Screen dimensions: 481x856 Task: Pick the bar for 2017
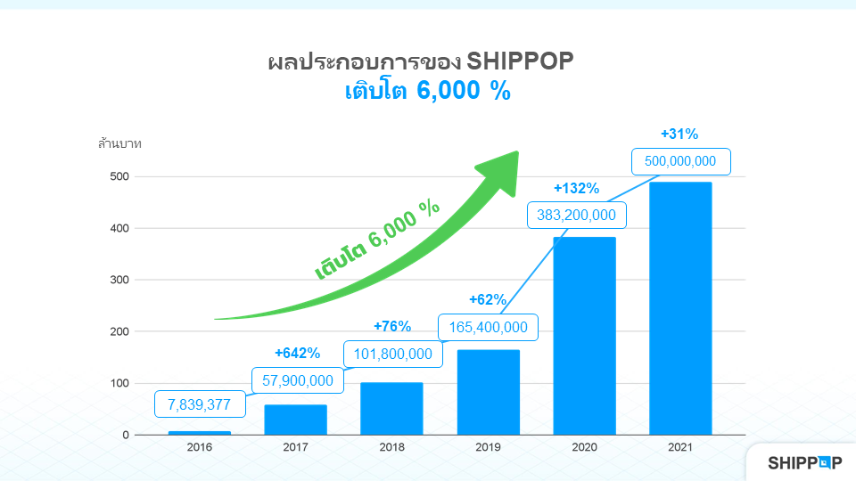point(295,420)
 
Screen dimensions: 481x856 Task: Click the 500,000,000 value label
point(680,161)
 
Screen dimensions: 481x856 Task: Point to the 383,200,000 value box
point(576,215)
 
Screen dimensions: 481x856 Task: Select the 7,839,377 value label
point(199,404)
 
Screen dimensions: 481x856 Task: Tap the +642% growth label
point(297,353)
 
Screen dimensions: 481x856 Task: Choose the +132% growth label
point(576,189)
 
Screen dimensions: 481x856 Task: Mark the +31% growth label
point(679,134)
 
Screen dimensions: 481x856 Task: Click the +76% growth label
point(391,326)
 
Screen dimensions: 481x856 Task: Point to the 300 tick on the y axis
point(119,280)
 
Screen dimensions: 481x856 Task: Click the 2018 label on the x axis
point(391,448)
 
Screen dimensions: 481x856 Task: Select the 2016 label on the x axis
point(199,448)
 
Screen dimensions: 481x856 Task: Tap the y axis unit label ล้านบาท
point(119,143)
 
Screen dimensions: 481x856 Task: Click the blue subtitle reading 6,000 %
point(464,91)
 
